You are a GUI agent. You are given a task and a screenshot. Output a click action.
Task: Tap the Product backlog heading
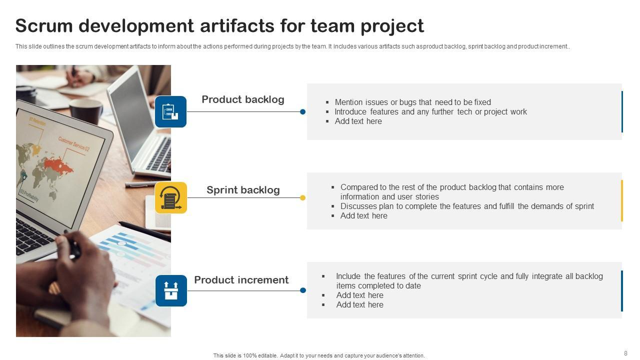(x=243, y=99)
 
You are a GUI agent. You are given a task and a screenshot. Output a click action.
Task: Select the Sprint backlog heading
(x=243, y=190)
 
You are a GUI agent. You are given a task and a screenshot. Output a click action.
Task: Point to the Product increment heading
(x=241, y=280)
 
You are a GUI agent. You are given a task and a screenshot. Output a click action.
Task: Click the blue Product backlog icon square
(x=170, y=111)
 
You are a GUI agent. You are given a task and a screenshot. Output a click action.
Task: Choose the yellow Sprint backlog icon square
(x=170, y=197)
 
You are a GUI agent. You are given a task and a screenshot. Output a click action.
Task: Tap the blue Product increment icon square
(x=171, y=290)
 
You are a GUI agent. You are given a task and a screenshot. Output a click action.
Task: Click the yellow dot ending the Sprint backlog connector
(x=302, y=198)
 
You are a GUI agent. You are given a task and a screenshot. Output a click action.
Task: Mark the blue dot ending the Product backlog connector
(x=302, y=112)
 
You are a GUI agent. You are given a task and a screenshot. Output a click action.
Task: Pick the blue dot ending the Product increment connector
(x=303, y=290)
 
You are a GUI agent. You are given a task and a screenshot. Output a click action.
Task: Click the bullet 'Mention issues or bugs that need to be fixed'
(x=412, y=102)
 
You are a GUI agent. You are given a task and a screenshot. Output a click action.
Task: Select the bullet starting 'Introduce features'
(x=430, y=112)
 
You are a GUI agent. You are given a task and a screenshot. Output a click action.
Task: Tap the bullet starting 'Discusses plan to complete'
(x=467, y=206)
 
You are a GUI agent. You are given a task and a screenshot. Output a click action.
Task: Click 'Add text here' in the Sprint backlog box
(x=363, y=215)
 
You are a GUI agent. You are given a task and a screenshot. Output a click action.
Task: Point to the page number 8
(x=625, y=353)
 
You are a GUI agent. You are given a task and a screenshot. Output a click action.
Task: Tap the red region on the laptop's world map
(x=58, y=164)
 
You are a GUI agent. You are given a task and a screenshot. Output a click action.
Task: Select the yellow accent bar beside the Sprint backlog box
(x=622, y=200)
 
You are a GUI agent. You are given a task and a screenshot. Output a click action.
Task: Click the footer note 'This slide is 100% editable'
(x=318, y=355)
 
